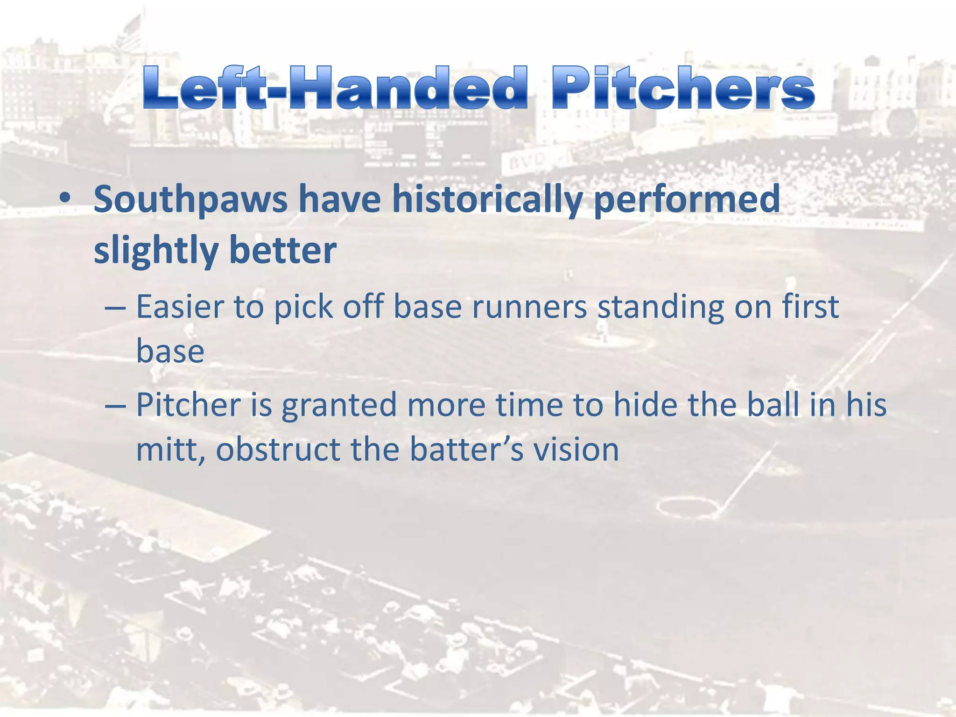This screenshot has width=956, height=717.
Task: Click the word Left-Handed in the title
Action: (335, 88)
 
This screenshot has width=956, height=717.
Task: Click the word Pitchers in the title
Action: (683, 88)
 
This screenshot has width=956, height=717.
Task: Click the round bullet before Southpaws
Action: (65, 198)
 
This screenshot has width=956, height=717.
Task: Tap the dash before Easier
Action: (115, 309)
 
